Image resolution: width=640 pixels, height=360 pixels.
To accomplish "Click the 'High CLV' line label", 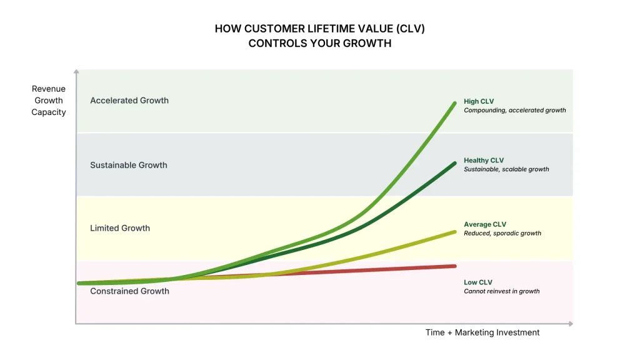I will pos(479,101).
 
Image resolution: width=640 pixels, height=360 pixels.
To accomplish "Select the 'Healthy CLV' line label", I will pos(484,161).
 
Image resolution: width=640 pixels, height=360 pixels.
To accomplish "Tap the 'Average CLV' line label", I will pos(485,224).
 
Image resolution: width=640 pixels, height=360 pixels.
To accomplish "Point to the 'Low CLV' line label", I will pos(478,282).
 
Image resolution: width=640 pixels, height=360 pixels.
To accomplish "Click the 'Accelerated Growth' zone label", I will pos(129,101).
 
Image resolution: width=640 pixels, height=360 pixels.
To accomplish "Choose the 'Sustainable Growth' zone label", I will pos(129,166).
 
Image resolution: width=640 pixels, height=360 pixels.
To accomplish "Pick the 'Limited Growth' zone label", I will pos(120,228).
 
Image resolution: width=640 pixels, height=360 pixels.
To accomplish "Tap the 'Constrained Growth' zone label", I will pos(129,291).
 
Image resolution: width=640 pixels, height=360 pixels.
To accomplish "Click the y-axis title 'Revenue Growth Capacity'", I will pos(49,101).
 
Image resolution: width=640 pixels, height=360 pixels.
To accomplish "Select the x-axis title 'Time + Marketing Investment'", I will pos(482,332).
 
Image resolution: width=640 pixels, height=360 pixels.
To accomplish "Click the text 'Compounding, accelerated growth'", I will pos(514,111).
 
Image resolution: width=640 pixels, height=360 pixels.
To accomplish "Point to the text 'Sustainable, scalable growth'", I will pos(506,169).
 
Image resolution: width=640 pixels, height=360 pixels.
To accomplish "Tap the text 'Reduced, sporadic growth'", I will pos(502,233).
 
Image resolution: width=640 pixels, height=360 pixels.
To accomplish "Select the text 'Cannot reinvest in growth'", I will pos(501,291).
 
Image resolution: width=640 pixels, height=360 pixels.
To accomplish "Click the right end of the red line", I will pos(455,266).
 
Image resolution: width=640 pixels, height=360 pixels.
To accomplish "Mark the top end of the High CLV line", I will pos(454,102).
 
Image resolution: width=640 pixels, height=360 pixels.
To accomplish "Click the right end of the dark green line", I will pos(454,163).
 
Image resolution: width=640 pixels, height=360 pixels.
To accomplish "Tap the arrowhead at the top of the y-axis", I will pos(76,72).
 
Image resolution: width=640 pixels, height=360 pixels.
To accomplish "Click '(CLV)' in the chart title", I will pos(409,29).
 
